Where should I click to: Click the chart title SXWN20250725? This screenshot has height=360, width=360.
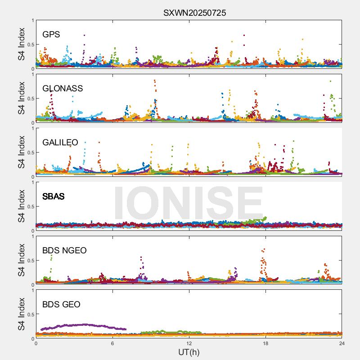coord(194,13)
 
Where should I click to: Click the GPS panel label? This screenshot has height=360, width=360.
coord(51,35)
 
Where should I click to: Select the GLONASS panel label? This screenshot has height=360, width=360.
coord(63,89)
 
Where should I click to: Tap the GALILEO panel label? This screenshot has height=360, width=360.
coord(60,143)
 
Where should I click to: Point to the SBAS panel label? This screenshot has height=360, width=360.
coord(54,197)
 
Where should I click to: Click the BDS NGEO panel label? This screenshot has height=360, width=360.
coord(64,251)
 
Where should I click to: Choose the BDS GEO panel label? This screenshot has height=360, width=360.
coord(61,305)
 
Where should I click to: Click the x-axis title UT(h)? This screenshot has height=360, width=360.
coord(189,352)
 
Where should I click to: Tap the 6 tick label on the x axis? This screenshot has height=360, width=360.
coord(112,343)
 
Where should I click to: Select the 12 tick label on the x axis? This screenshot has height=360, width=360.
coord(189,343)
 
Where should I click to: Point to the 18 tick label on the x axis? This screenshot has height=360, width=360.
coord(265,343)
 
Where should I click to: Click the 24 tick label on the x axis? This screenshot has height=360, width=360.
coord(342,343)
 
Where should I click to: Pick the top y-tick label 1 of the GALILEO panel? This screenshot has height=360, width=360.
coord(32,129)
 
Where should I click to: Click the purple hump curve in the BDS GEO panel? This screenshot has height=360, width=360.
coord(81,325)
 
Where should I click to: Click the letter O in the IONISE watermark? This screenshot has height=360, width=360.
coord(156,201)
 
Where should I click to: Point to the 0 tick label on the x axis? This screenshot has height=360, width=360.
coord(36,343)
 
